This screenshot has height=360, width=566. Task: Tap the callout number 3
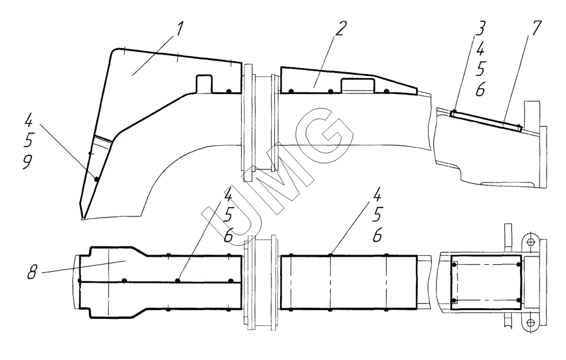(480, 28)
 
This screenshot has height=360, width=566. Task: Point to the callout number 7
(535, 28)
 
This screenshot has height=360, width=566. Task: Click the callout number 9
(28, 162)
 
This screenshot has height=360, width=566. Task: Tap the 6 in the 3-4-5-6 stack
(480, 89)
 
